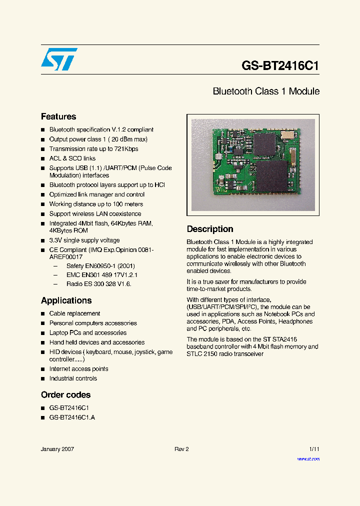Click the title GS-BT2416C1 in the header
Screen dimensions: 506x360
click(x=280, y=66)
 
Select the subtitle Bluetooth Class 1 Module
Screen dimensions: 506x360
click(x=266, y=91)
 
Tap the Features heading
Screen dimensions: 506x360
click(x=58, y=116)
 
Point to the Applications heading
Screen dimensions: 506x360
click(x=66, y=300)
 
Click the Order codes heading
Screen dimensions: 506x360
click(x=65, y=395)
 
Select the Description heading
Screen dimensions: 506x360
click(x=210, y=229)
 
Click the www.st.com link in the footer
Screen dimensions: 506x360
click(x=308, y=458)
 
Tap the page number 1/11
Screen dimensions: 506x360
click(x=314, y=449)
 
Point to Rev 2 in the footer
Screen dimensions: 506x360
click(x=181, y=449)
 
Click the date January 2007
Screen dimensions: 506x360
click(x=57, y=449)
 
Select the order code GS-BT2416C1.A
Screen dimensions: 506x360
click(x=72, y=417)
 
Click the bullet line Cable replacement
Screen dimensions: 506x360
click(x=74, y=313)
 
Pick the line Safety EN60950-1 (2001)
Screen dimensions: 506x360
click(x=100, y=266)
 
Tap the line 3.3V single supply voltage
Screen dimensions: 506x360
click(x=84, y=240)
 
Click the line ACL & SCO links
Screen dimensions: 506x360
click(x=72, y=158)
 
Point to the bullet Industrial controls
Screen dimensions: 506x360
click(x=73, y=378)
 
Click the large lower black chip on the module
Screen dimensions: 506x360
click(x=271, y=176)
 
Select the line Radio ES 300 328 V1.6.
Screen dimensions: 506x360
click(x=99, y=284)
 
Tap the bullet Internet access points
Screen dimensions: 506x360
click(x=78, y=369)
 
